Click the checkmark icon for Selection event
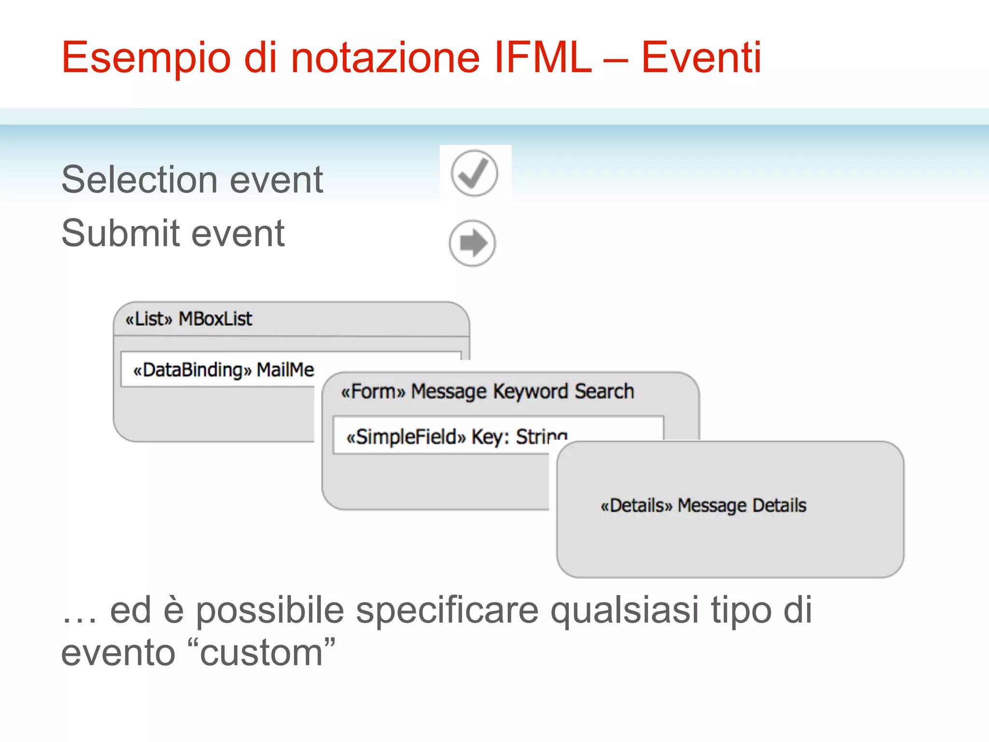(x=474, y=173)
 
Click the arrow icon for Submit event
(x=472, y=243)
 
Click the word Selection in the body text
(x=140, y=180)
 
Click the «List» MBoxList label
(x=189, y=319)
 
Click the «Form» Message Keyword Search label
(x=487, y=391)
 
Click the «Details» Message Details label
(x=703, y=505)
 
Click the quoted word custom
(x=261, y=653)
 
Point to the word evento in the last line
(x=118, y=653)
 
